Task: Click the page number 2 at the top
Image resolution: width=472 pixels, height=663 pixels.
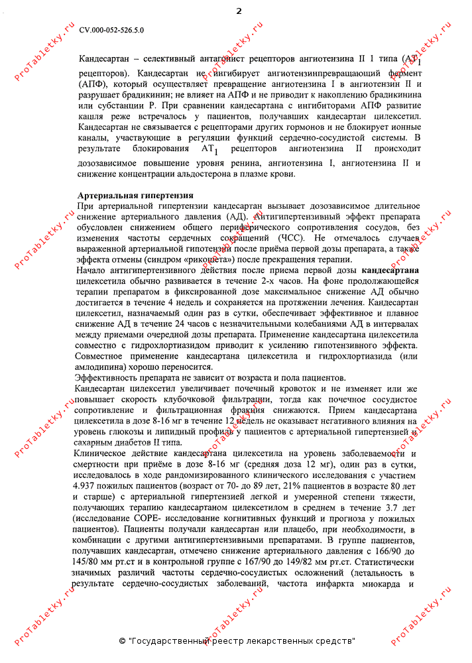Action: click(239, 11)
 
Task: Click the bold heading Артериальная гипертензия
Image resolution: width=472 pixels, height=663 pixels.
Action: click(135, 196)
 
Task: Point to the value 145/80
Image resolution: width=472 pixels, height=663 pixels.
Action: click(92, 563)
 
